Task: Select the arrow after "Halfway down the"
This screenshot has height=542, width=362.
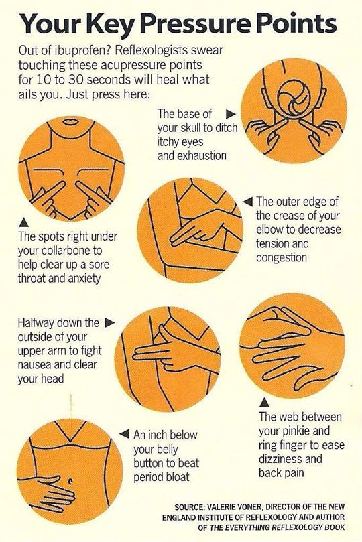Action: coord(110,323)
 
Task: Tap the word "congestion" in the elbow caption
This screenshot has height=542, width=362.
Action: coord(282,257)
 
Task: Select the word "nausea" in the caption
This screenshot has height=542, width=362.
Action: coord(36,365)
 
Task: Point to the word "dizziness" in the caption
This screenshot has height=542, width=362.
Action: coord(281,460)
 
